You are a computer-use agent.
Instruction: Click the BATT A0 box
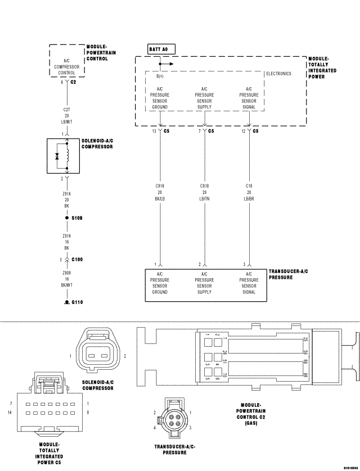click(160, 49)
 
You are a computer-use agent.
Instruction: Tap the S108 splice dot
click(67, 218)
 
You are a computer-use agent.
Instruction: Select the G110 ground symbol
click(67, 302)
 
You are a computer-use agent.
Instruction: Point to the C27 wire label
click(67, 111)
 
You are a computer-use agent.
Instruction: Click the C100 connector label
click(77, 260)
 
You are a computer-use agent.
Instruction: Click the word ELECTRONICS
click(278, 74)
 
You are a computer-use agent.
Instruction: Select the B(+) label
click(160, 76)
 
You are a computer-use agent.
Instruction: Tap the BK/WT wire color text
click(67, 285)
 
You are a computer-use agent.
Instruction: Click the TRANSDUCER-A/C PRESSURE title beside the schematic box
click(289, 274)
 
